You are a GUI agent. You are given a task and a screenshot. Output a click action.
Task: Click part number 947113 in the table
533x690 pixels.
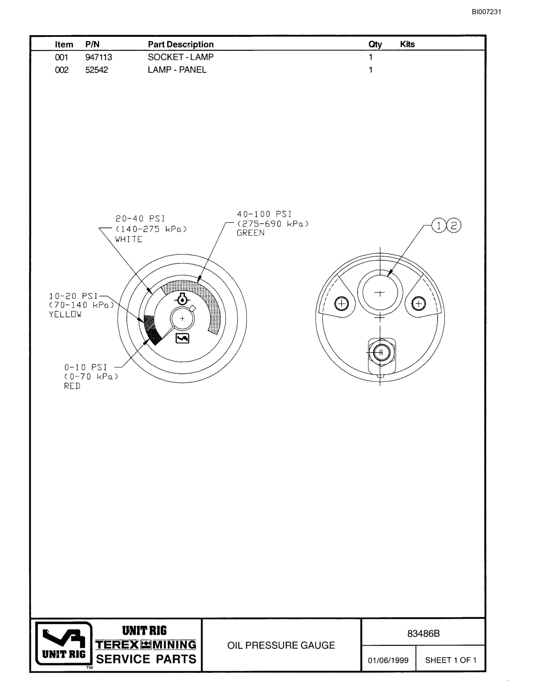(98, 57)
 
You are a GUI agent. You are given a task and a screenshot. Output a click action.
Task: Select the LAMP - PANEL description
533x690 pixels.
(177, 70)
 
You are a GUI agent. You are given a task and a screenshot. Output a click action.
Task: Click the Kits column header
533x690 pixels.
(407, 44)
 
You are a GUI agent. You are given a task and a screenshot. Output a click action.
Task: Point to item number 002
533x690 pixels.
(62, 70)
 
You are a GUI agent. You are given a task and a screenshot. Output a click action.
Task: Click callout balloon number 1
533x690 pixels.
(439, 226)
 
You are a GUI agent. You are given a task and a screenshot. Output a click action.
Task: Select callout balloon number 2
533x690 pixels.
(454, 226)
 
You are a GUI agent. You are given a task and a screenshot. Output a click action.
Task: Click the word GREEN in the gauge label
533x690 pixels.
(251, 233)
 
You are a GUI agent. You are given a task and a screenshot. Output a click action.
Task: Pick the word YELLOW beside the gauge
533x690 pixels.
(65, 314)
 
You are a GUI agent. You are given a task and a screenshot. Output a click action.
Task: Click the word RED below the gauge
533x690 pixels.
(72, 386)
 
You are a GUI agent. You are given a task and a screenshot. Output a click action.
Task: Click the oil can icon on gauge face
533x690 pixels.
(182, 338)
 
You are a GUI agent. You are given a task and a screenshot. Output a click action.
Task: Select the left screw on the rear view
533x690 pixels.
(342, 304)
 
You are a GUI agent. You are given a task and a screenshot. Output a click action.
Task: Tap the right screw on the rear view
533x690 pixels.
(419, 304)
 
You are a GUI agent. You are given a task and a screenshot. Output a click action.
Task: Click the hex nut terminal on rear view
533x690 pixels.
(381, 352)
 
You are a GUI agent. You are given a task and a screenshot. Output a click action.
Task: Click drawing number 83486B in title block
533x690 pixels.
(423, 633)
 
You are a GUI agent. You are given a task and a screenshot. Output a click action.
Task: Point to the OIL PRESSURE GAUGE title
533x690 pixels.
(281, 645)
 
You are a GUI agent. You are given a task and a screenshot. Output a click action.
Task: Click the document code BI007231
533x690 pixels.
(486, 12)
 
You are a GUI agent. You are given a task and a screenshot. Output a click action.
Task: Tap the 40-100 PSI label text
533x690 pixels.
(264, 214)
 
